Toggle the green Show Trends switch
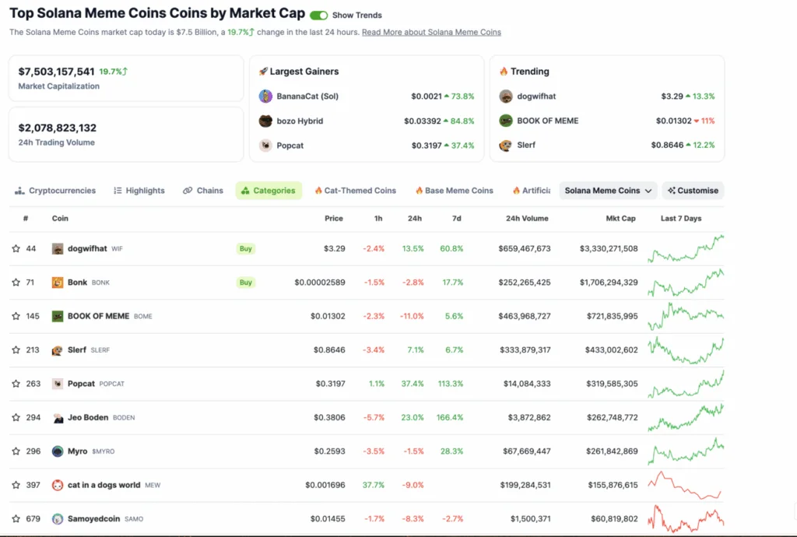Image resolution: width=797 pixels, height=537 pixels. point(318,15)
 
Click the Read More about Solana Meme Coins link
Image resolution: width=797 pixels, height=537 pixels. point(431,32)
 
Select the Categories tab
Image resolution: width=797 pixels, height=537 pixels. point(269,191)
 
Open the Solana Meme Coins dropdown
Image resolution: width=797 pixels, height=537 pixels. point(608,191)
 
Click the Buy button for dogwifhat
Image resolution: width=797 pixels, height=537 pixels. point(246,249)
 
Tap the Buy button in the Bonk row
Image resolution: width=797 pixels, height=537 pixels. point(246,283)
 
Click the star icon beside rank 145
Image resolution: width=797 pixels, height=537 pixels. point(16,316)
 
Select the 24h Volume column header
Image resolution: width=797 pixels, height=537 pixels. point(527,219)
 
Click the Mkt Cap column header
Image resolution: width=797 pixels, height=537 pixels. point(620,219)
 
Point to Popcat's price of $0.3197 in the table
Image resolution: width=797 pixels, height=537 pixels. point(330,384)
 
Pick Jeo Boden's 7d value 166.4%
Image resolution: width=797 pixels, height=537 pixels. point(450,417)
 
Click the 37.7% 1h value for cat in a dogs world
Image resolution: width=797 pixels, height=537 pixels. point(374,485)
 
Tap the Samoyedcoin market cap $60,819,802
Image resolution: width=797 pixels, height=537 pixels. point(610,518)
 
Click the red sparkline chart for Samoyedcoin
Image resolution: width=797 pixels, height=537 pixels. point(686,518)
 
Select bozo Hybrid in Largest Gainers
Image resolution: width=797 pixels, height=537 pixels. point(300,121)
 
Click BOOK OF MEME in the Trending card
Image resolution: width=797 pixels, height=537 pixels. point(549,121)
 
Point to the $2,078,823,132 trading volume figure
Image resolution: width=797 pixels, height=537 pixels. point(57,128)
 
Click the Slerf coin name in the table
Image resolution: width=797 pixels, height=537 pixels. point(77,350)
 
